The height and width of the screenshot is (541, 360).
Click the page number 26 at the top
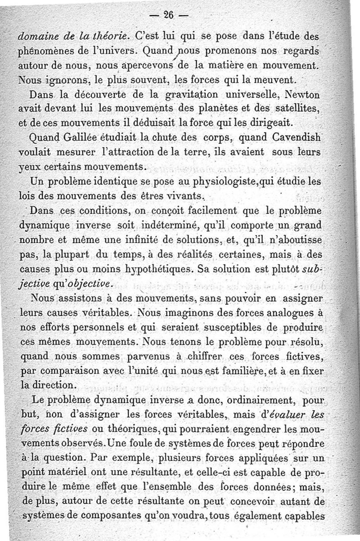(x=168, y=14)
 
